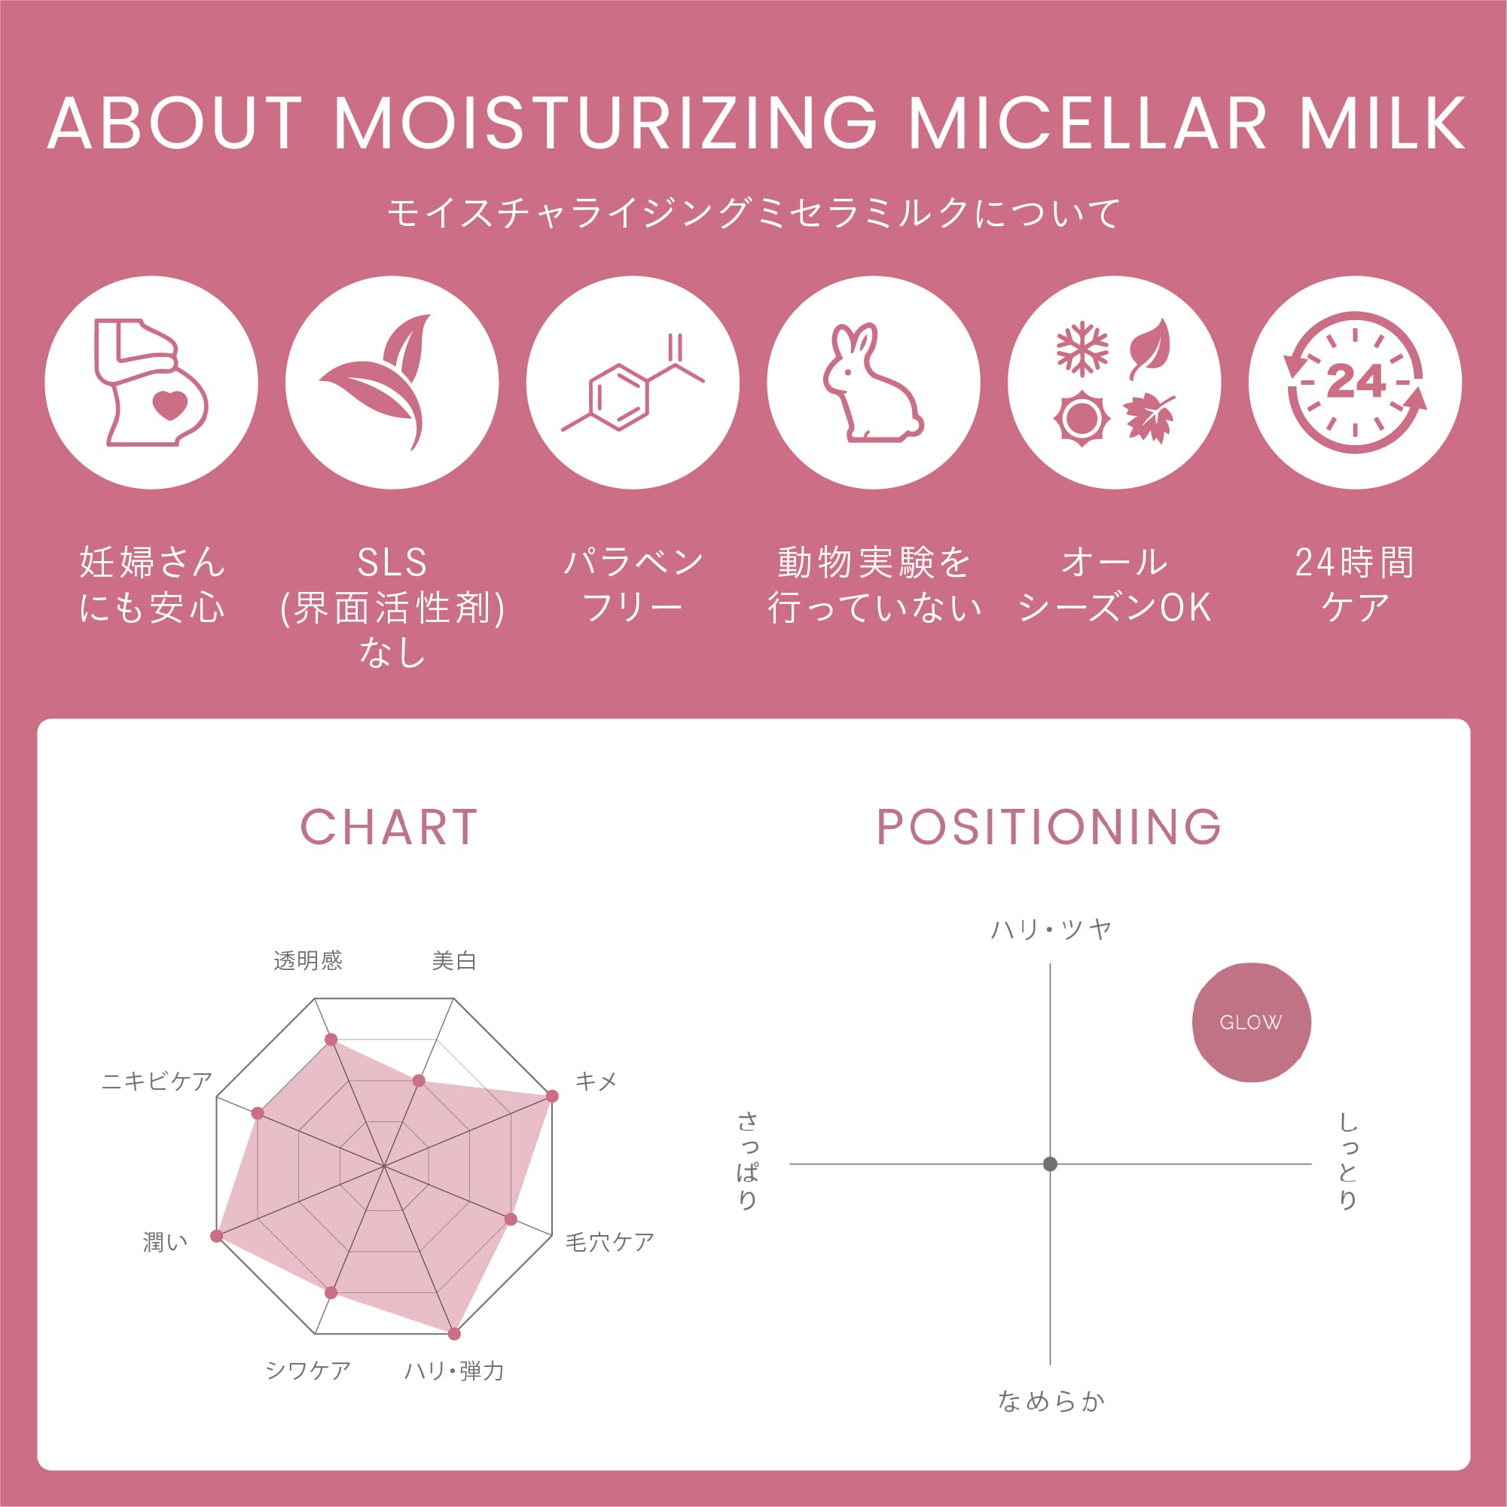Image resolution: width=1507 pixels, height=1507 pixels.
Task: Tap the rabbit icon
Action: tap(873, 383)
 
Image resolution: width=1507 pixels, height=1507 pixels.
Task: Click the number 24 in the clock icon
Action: tap(1356, 380)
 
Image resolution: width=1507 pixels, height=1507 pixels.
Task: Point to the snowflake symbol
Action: tap(1083, 349)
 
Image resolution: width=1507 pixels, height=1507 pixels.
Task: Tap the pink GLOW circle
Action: tap(1251, 1022)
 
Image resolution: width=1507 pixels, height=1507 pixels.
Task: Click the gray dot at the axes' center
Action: tap(1050, 1164)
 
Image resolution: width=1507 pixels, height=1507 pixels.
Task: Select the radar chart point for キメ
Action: tap(552, 1096)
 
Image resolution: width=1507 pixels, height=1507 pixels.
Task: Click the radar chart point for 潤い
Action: tap(217, 1236)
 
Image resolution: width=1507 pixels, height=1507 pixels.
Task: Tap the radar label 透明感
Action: tap(308, 960)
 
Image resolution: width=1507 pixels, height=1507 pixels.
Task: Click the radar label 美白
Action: tap(454, 960)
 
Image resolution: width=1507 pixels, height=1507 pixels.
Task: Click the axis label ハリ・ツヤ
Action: tap(1051, 929)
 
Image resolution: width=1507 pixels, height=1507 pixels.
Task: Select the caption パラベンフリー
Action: tap(633, 584)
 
